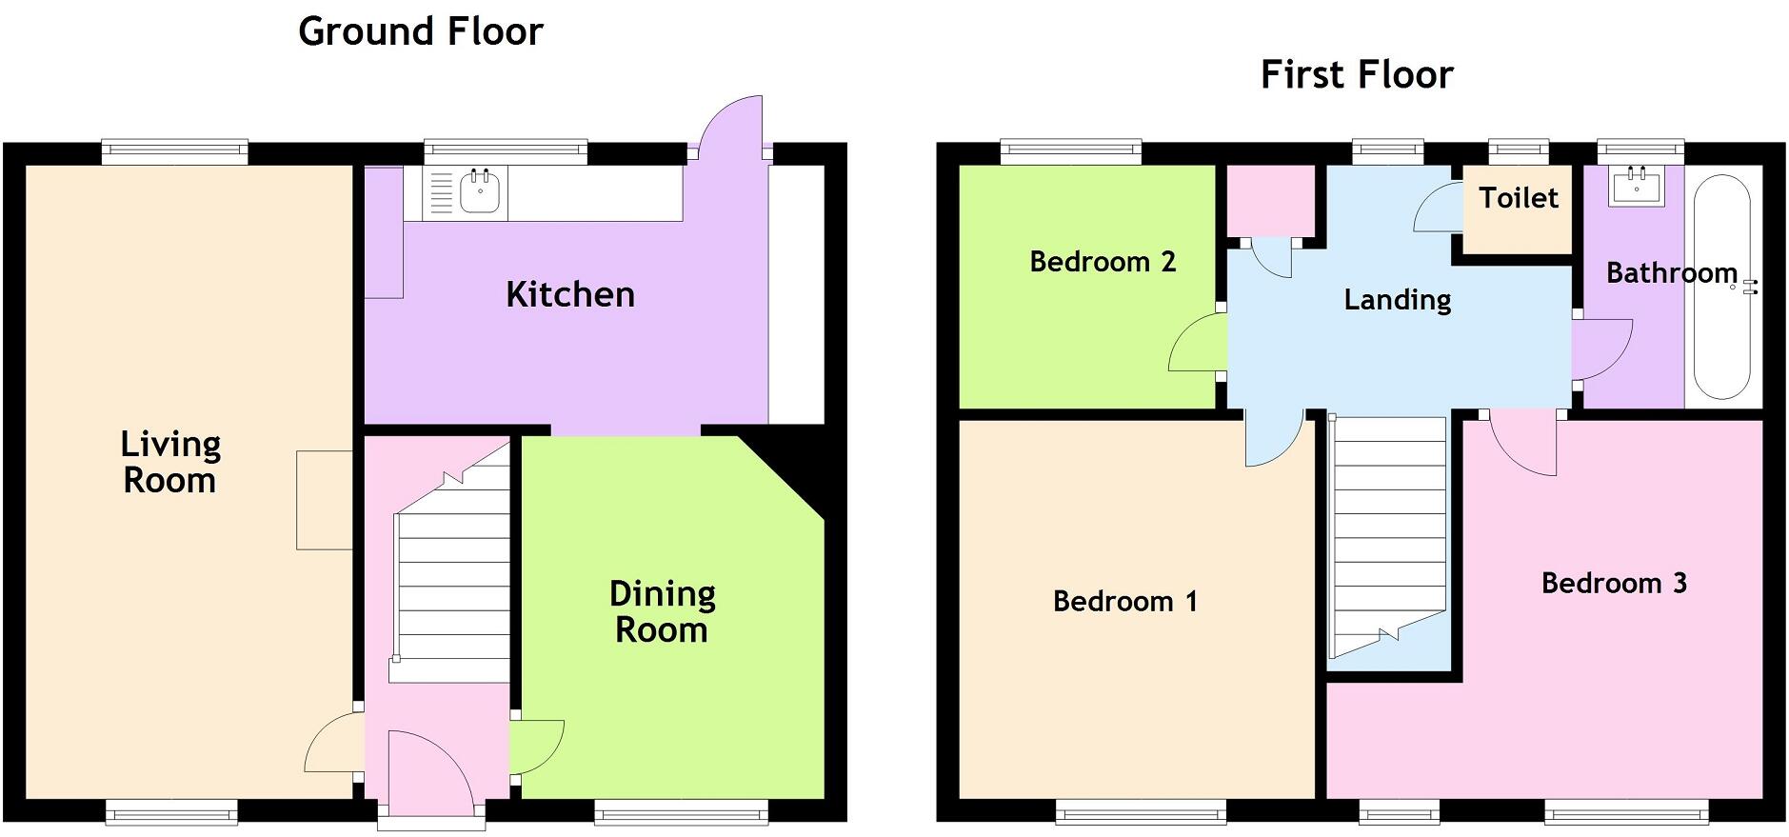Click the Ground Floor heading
pyautogui.click(x=420, y=31)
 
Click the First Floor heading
pyautogui.click(x=1357, y=74)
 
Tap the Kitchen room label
pyautogui.click(x=570, y=294)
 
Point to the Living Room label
pyautogui.click(x=170, y=462)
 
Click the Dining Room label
pyautogui.click(x=662, y=611)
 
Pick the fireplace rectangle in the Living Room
pyautogui.click(x=325, y=500)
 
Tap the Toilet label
pyautogui.click(x=1519, y=198)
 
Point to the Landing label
pyautogui.click(x=1397, y=300)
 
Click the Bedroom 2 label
pyautogui.click(x=1103, y=262)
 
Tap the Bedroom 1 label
pyautogui.click(x=1124, y=601)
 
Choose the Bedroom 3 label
pyautogui.click(x=1614, y=583)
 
